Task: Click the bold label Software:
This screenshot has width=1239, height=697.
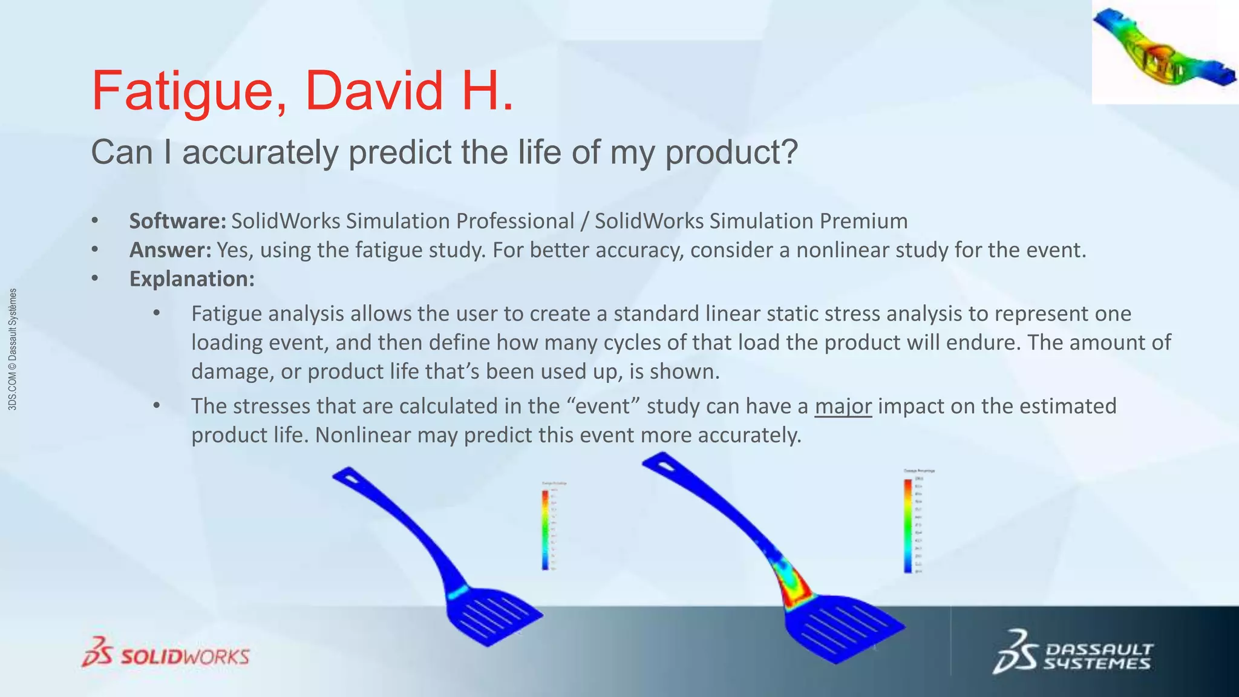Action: click(177, 221)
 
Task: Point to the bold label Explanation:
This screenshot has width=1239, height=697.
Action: click(192, 279)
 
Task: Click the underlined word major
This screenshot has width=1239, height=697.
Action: click(843, 406)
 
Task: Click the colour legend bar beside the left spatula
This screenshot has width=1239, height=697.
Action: click(545, 529)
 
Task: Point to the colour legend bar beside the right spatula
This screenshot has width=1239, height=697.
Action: click(907, 525)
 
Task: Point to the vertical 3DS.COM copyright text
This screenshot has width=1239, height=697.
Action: click(13, 350)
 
